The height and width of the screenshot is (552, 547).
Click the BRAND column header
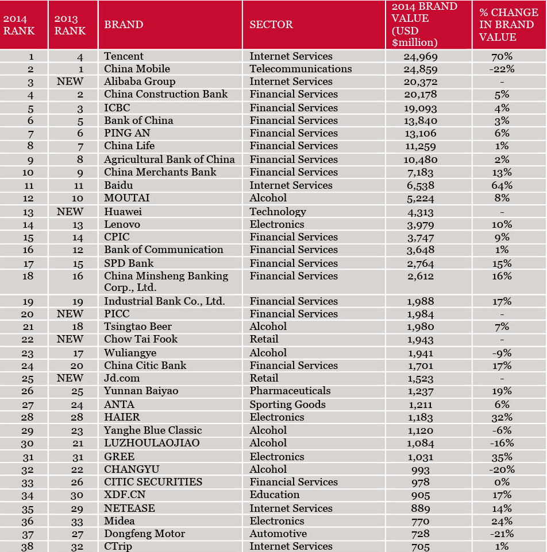(x=124, y=24)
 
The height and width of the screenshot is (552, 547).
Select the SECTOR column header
(x=271, y=24)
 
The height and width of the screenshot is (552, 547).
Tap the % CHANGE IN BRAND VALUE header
(x=509, y=24)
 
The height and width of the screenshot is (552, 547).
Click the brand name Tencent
(x=124, y=56)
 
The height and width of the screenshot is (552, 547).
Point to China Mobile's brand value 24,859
(x=421, y=69)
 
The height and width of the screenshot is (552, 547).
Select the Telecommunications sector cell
(x=301, y=69)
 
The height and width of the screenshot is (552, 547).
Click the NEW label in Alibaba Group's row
(x=70, y=81)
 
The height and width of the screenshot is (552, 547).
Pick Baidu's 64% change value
(x=502, y=185)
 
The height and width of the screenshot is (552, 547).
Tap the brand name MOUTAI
(x=127, y=198)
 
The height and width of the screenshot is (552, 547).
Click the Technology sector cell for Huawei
(x=278, y=212)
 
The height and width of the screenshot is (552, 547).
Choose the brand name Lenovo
(x=122, y=224)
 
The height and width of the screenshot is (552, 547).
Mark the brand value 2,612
(x=421, y=276)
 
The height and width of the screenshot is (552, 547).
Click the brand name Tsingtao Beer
(x=138, y=326)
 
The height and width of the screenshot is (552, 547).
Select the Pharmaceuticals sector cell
(x=290, y=391)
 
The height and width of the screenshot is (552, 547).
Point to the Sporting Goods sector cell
(x=288, y=405)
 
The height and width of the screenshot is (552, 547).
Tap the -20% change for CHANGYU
(x=502, y=469)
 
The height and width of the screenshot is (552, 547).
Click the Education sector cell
(x=275, y=495)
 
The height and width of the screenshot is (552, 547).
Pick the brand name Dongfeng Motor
(x=144, y=534)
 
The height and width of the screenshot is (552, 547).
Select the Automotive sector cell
(x=278, y=534)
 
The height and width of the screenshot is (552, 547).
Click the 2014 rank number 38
(x=28, y=546)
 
